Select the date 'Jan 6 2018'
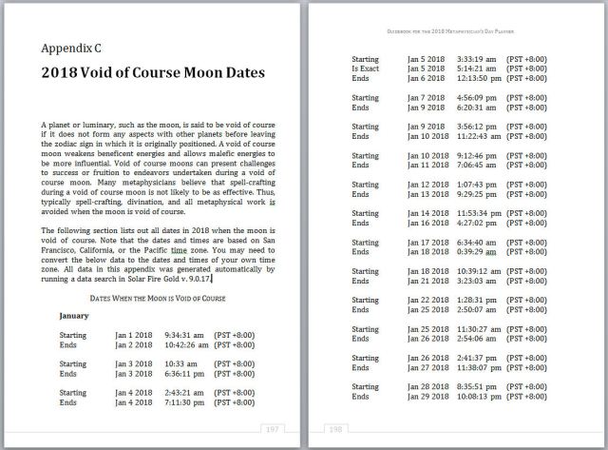tap(427, 79)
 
